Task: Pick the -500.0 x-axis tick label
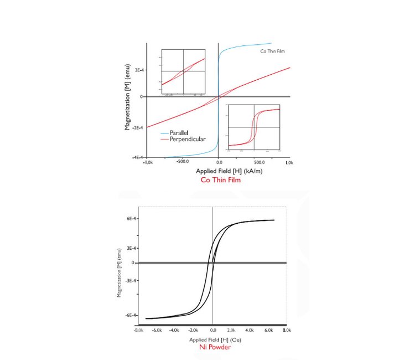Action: [183, 163]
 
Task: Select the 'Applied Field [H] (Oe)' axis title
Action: [213, 339]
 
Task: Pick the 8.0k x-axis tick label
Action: [286, 330]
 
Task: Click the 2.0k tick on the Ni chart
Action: [231, 330]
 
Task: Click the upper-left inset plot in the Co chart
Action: [183, 71]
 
